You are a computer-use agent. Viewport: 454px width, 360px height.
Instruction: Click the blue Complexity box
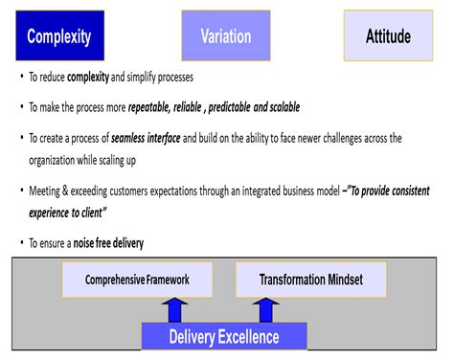tap(59, 37)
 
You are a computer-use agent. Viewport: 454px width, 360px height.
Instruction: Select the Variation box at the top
tap(226, 37)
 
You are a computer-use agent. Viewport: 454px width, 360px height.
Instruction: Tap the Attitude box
tap(388, 37)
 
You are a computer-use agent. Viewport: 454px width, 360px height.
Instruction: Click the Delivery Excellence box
tap(224, 336)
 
